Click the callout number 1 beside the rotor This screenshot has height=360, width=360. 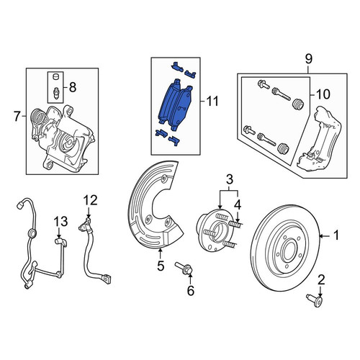[337, 235]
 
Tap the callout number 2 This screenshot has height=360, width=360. [321, 280]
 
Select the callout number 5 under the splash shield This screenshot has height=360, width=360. [161, 266]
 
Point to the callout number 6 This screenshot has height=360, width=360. [190, 291]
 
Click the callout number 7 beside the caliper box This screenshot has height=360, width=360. [17, 117]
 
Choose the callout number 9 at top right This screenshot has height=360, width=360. [308, 59]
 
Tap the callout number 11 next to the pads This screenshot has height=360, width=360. [212, 101]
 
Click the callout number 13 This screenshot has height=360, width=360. [60, 221]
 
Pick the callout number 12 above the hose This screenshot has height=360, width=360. [91, 200]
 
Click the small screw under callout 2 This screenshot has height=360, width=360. [315, 301]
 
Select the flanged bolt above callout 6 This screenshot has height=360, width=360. [184, 269]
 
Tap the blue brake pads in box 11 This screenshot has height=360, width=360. [176, 106]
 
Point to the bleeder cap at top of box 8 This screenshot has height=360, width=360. [56, 77]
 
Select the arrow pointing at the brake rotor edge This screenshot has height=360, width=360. [326, 236]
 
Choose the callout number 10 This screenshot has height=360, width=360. [323, 94]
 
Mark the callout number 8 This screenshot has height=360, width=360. [73, 87]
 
